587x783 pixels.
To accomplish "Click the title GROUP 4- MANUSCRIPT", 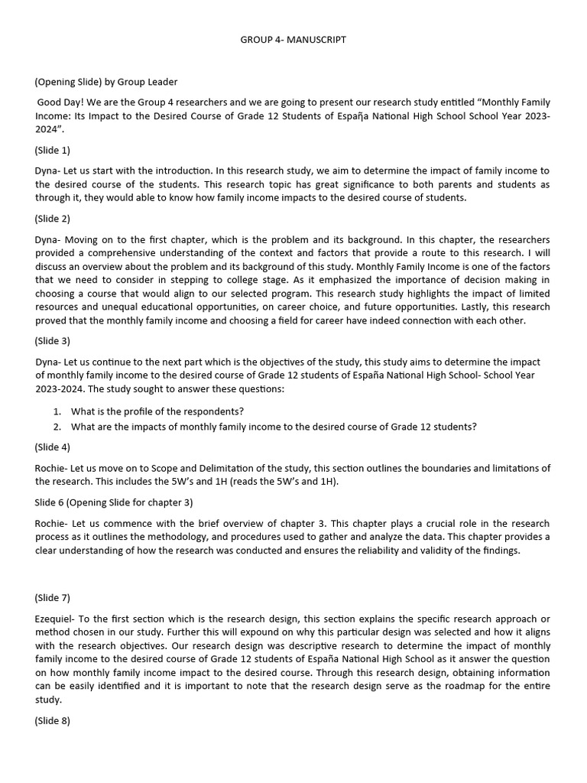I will [x=293, y=39].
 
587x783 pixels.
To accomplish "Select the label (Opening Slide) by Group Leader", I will [x=105, y=82].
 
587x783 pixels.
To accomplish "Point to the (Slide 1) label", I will [x=52, y=150].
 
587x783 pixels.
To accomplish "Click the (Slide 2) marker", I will [x=52, y=218].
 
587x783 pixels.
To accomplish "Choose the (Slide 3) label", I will [x=52, y=341].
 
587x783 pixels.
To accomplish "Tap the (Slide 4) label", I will [x=52, y=447].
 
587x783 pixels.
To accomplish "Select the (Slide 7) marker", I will [x=52, y=597].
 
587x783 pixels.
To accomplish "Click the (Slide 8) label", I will [x=52, y=720].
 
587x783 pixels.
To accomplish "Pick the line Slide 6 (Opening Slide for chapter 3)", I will [x=113, y=502].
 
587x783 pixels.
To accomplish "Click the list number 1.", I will [x=57, y=411].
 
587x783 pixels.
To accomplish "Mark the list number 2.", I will [x=57, y=427].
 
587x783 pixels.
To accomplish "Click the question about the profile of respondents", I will [x=157, y=411].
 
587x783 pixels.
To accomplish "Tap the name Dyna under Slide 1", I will [x=47, y=171].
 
